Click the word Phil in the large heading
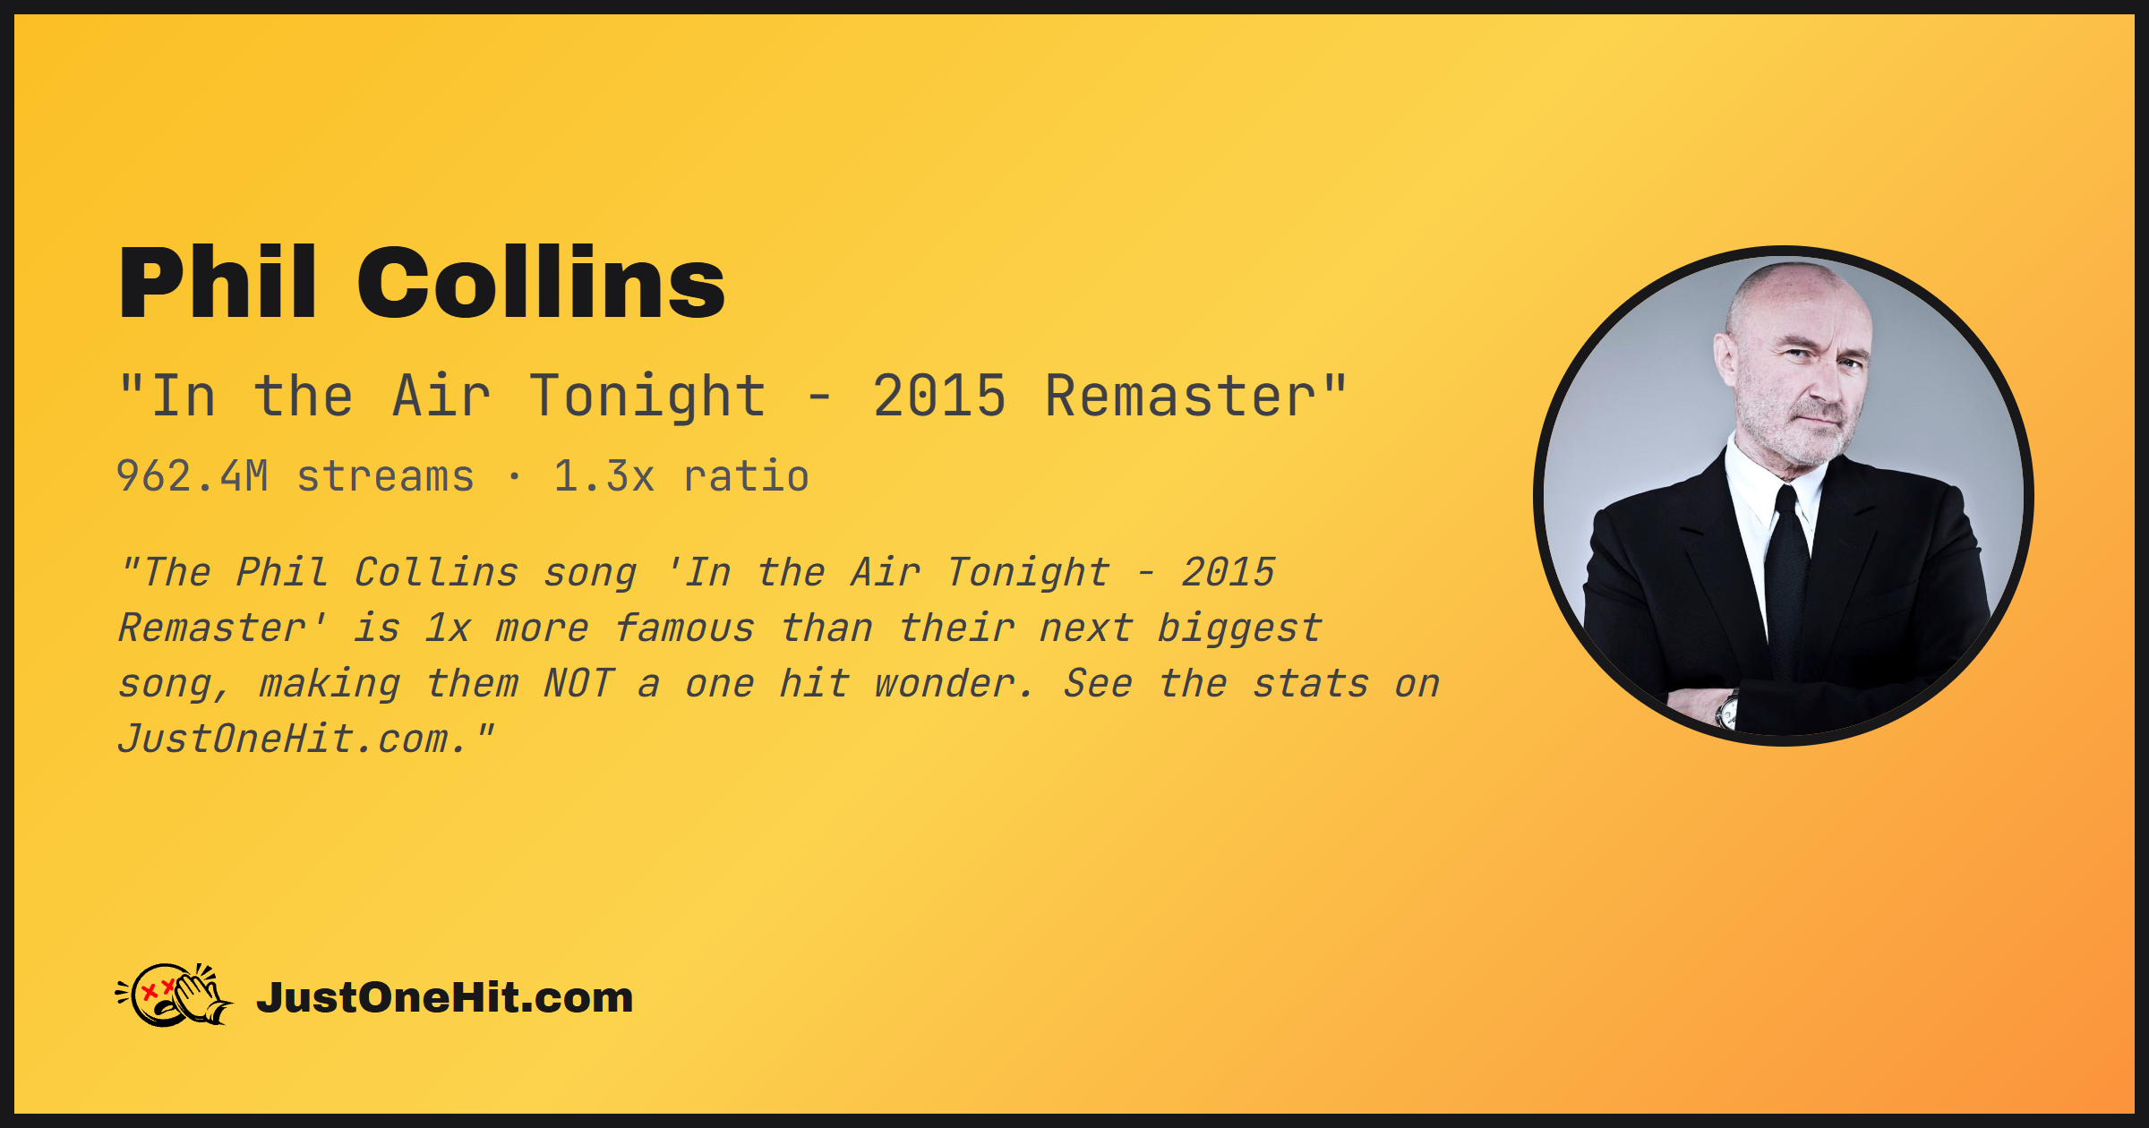click(x=218, y=282)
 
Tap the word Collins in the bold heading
click(x=542, y=282)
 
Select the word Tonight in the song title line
click(x=647, y=397)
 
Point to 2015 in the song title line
click(x=939, y=396)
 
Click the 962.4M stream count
click(x=193, y=476)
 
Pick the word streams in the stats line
click(x=385, y=477)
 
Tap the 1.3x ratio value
click(x=604, y=476)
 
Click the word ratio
click(x=746, y=476)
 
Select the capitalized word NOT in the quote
click(x=578, y=684)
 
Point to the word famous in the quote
click(x=684, y=628)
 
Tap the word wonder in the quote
click(x=953, y=684)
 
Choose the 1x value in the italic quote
click(x=447, y=628)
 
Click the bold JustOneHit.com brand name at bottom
click(x=445, y=997)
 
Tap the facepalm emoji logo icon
click(x=175, y=995)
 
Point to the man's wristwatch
click(x=1727, y=711)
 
